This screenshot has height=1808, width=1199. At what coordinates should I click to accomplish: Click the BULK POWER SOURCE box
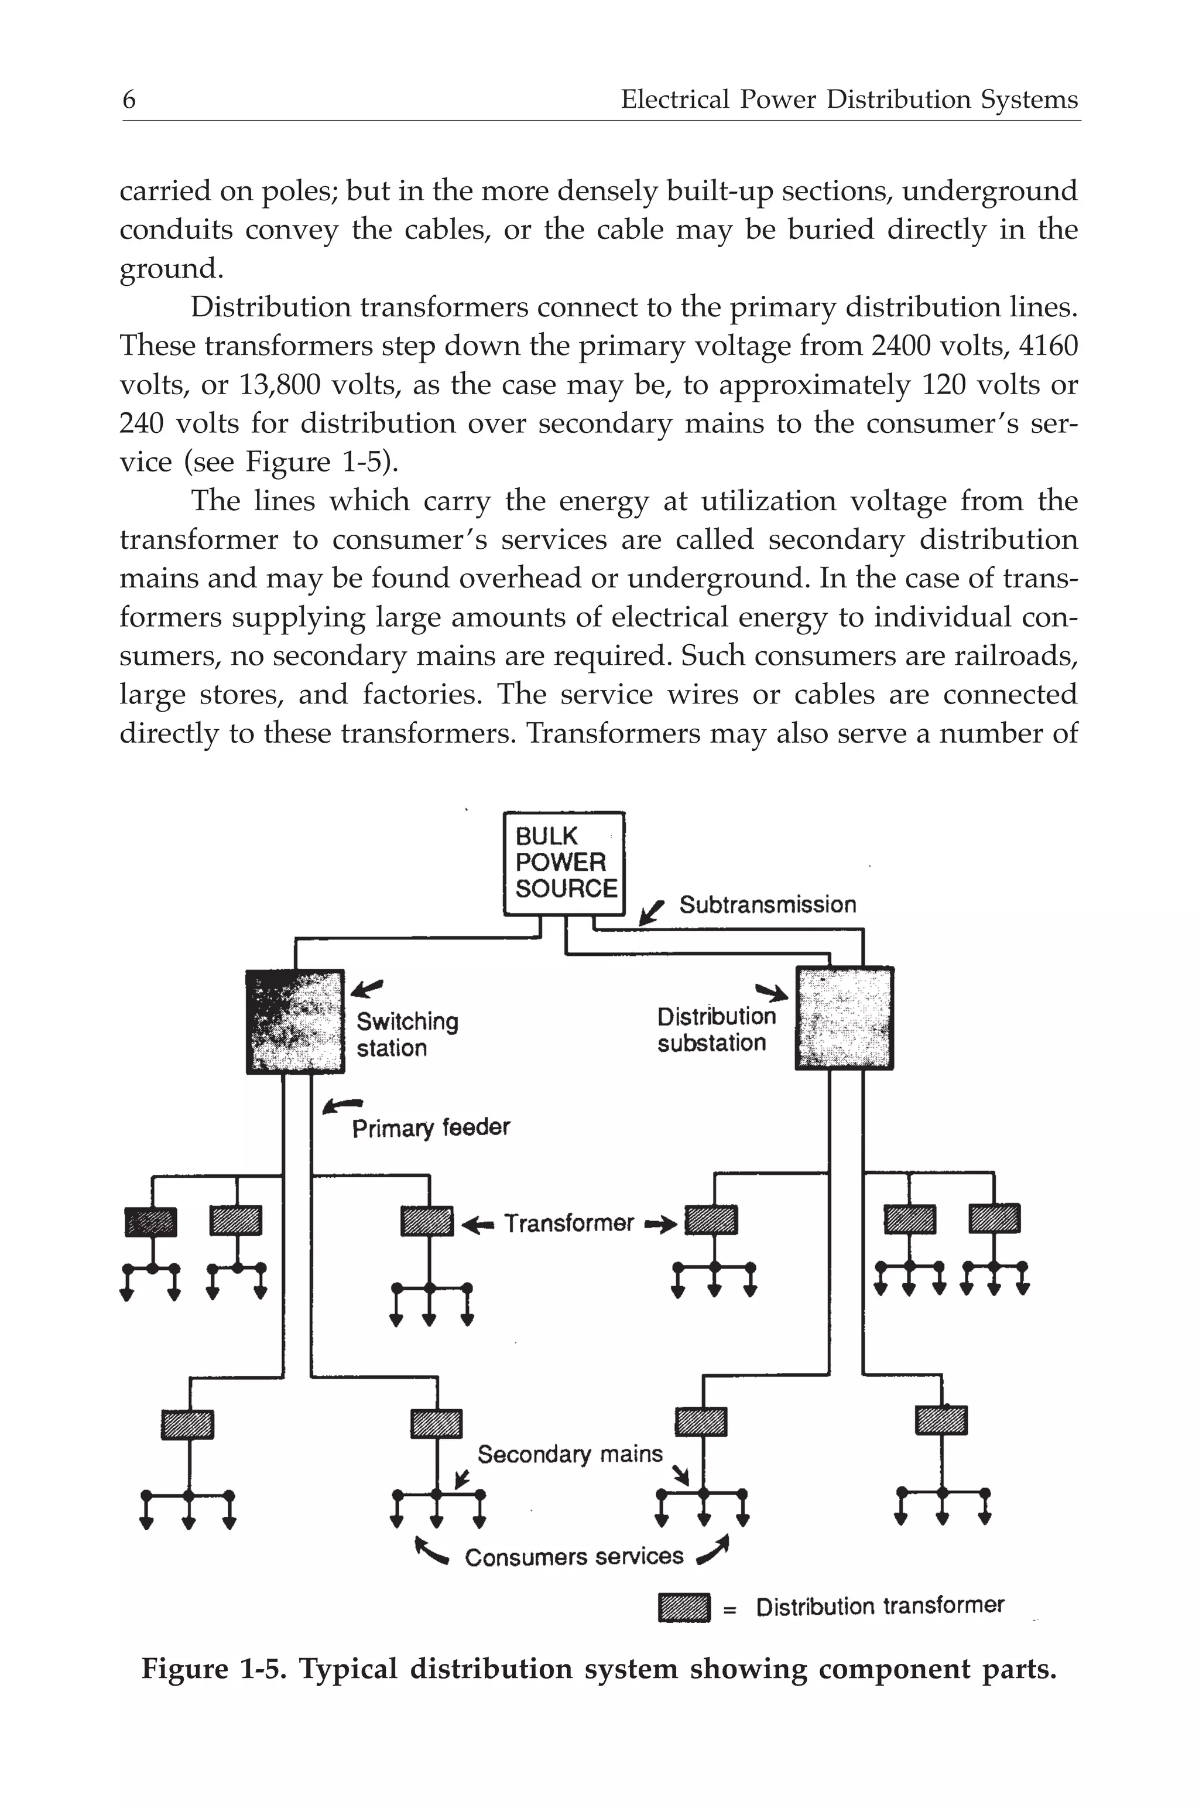coord(564,863)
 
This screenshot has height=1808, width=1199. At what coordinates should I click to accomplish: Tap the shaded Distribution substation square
coord(844,1018)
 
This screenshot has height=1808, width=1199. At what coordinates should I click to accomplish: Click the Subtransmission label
coord(767,905)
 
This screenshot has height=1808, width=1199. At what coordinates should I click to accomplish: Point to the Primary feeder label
coord(430,1128)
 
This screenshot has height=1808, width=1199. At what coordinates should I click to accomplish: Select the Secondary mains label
coord(570,1454)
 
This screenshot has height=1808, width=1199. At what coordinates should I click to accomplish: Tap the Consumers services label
coord(574,1558)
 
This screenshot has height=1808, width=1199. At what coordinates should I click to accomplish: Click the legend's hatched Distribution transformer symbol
coord(684,1607)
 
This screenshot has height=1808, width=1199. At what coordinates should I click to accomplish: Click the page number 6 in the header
coord(129,100)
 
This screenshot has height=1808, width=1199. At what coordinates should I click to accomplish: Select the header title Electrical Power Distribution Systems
coord(849,100)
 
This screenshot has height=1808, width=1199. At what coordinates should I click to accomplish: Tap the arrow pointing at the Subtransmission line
coord(652,912)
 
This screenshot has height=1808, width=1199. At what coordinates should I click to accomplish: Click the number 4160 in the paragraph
coord(1049,346)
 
